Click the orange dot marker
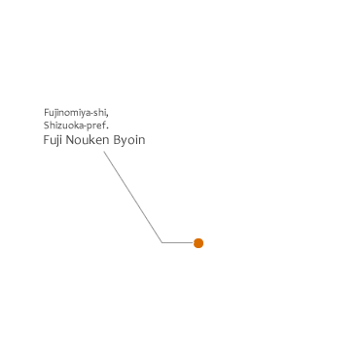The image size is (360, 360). [x=198, y=243]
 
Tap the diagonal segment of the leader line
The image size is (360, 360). [x=133, y=197]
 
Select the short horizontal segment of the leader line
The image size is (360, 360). [x=178, y=242]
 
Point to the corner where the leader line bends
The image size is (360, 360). [x=162, y=242]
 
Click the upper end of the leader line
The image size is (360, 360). [x=104, y=152]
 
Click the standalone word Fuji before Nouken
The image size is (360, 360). [x=53, y=140]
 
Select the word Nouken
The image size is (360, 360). [x=88, y=140]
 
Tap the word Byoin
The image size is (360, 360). [x=129, y=140]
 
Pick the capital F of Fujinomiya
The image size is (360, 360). [x=47, y=113]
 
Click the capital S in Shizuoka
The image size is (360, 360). [x=46, y=125]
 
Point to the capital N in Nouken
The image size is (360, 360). [x=70, y=140]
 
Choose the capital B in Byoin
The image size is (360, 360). [x=117, y=140]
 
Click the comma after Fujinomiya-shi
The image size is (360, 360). [x=107, y=115]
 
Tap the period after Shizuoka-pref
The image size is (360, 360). [x=107, y=127]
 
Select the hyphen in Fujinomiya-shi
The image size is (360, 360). [x=91, y=114]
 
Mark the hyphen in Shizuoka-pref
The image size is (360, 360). [x=85, y=126]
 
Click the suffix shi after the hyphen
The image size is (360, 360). [x=99, y=113]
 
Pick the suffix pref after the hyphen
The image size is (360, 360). [x=95, y=126]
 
